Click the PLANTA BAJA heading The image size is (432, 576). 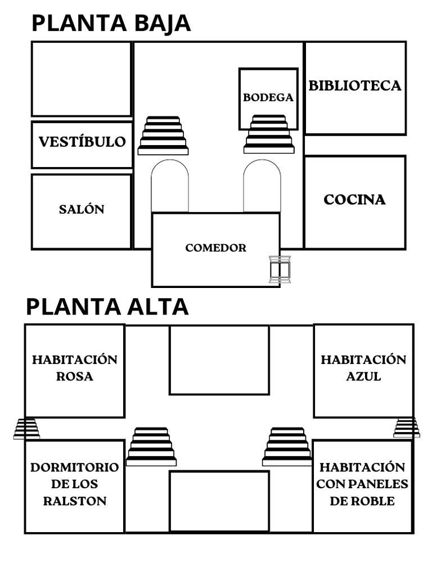pos(111,24)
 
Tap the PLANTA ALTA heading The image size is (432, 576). pos(107,307)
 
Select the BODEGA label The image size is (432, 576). pos(268,97)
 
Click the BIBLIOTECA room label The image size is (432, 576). pos(355,85)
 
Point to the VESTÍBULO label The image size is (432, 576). pos(82,142)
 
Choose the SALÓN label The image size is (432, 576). pos(82,209)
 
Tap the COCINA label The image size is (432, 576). pos(354,200)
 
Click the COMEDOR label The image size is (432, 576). pos(215,247)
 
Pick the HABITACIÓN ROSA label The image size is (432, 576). pos(75,368)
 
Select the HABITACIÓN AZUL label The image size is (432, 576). pos(363,368)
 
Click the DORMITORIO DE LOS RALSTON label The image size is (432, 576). pos(75,484)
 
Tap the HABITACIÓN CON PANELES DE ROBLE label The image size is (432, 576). pos(362,484)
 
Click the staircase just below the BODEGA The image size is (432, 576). pos(269,134)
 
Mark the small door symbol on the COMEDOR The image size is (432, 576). pos(280,269)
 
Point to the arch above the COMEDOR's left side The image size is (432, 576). pos(170,186)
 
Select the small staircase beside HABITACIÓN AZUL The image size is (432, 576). pos(406,427)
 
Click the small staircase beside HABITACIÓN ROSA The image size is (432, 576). pos(26,429)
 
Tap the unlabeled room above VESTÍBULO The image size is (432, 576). pos(82,79)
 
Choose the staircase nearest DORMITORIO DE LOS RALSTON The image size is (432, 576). pos(151,447)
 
